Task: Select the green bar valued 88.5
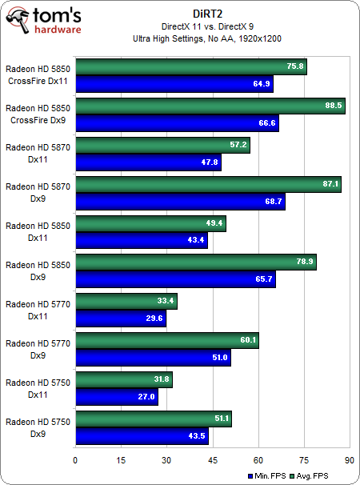coord(210,106)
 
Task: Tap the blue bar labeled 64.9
coord(174,84)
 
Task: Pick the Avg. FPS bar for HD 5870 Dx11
coord(162,146)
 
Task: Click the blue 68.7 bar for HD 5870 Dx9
coord(179,202)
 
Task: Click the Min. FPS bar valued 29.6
coord(120,319)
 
